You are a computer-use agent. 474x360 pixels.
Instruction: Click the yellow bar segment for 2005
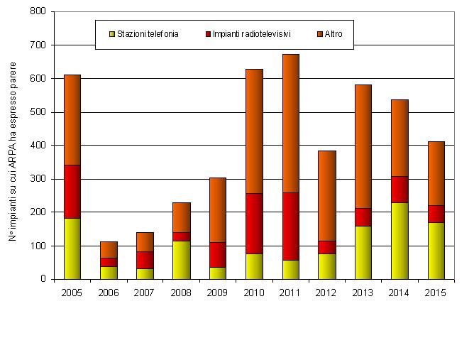72,249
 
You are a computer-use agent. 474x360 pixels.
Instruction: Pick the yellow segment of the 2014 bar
399,241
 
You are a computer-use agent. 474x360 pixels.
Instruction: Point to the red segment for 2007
145,260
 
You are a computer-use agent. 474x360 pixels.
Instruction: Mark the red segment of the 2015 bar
436,214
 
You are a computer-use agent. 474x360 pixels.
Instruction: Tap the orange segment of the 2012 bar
326,196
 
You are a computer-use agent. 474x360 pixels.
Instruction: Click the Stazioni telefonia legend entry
143,33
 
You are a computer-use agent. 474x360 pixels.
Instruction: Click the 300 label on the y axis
39,179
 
